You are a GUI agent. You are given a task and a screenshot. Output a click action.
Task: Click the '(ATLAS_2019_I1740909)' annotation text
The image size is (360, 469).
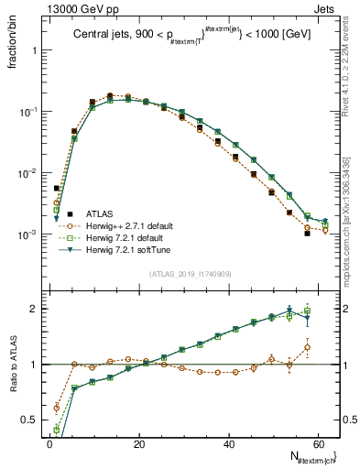coord(191,272)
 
